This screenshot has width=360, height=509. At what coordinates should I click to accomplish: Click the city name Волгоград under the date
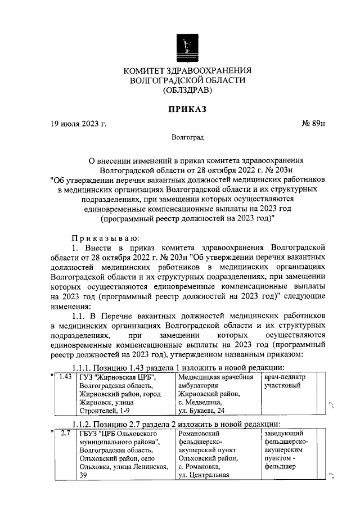[187, 137]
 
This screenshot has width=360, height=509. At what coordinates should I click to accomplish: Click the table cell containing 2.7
[65, 434]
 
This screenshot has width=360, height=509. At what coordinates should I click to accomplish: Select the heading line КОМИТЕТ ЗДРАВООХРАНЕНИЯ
[187, 70]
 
